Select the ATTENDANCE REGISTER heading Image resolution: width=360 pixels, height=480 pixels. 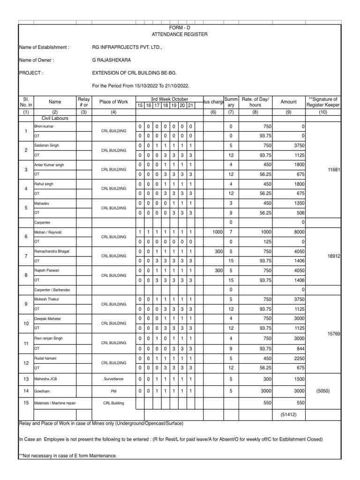180,35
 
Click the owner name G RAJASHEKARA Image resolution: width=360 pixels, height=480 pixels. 112,60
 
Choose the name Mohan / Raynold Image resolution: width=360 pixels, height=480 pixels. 48,232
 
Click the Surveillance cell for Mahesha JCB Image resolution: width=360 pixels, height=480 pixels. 114,378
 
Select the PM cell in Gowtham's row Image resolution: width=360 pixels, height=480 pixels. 114,390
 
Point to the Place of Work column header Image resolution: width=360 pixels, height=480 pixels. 114,102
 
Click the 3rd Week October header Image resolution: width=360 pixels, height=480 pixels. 165,99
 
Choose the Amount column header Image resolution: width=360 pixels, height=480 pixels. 288,102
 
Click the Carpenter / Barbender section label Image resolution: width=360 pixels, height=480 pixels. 52,290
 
